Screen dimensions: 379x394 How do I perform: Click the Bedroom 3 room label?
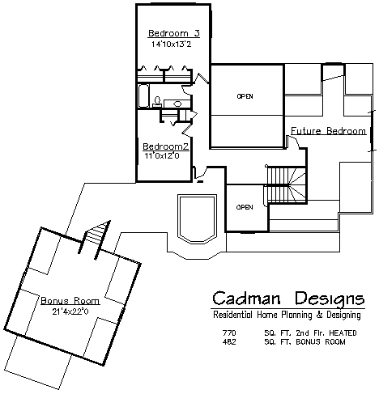pyautogui.click(x=174, y=33)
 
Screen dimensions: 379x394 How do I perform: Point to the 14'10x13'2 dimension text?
pyautogui.click(x=172, y=44)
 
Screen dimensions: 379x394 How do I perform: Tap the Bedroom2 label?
pyautogui.click(x=166, y=146)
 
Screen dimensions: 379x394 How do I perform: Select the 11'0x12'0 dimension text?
pyautogui.click(x=162, y=155)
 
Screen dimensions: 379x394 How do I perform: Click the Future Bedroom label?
pyautogui.click(x=329, y=131)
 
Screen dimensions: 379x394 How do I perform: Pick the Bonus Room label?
pyautogui.click(x=70, y=301)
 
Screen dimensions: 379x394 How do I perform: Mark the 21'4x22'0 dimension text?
pyautogui.click(x=70, y=311)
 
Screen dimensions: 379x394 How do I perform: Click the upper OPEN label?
pyautogui.click(x=245, y=96)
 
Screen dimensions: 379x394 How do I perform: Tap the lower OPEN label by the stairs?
pyautogui.click(x=245, y=207)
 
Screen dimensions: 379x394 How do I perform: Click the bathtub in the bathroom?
pyautogui.click(x=143, y=95)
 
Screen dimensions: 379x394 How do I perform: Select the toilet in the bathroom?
pyautogui.click(x=157, y=101)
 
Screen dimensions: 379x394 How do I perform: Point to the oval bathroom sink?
pyautogui.click(x=177, y=104)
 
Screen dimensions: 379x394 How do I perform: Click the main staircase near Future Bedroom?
pyautogui.click(x=286, y=184)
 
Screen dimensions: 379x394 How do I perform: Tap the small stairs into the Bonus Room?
pyautogui.click(x=95, y=235)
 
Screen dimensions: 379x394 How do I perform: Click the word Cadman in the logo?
pyautogui.click(x=246, y=299)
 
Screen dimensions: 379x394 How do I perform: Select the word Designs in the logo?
pyautogui.click(x=330, y=299)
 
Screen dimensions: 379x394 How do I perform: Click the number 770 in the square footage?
pyautogui.click(x=229, y=333)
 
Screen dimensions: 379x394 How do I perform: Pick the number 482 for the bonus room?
pyautogui.click(x=229, y=342)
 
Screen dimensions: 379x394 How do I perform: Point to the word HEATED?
pyautogui.click(x=343, y=333)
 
